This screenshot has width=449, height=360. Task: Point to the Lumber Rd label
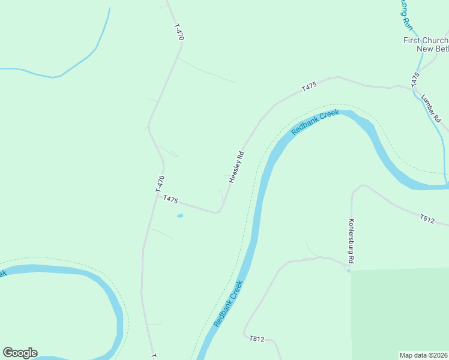[431, 109]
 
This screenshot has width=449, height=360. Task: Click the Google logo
[20, 353]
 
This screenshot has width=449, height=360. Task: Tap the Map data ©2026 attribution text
[424, 355]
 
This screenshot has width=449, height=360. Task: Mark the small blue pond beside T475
[179, 215]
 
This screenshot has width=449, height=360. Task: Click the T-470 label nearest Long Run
[179, 32]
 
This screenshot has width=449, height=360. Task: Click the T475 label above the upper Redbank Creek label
[309, 88]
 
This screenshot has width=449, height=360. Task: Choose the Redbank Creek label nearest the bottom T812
[228, 304]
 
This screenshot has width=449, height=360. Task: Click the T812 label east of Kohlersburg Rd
[427, 219]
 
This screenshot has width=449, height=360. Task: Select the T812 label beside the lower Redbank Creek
[256, 339]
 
